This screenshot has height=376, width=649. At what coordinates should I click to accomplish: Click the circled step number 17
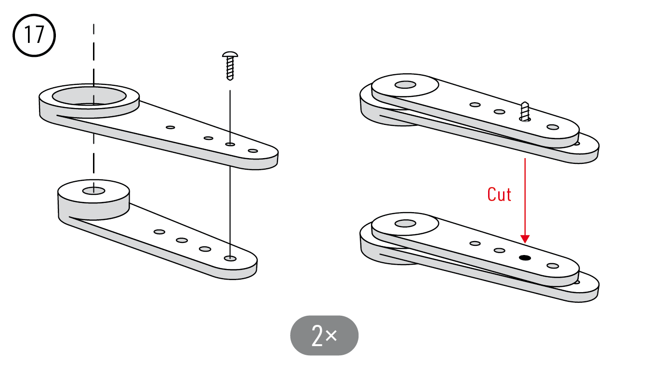(34, 35)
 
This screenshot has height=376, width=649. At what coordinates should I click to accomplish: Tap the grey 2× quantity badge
(324, 336)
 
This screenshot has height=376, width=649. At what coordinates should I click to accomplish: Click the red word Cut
(499, 194)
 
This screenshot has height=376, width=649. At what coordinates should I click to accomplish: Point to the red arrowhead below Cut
(525, 239)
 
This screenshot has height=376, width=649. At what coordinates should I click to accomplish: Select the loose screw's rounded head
(230, 54)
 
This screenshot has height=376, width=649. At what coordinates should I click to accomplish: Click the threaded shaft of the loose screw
(230, 68)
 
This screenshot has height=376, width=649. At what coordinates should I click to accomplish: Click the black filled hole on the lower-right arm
(525, 258)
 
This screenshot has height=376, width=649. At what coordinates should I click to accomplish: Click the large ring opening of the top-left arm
(89, 96)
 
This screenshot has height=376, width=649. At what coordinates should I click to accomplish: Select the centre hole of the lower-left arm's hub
(93, 191)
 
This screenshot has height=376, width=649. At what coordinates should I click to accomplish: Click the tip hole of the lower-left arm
(230, 258)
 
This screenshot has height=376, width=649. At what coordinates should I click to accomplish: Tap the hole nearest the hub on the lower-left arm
(159, 232)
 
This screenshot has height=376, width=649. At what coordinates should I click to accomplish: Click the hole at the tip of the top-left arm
(253, 151)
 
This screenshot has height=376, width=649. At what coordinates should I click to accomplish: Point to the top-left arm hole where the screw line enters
(230, 144)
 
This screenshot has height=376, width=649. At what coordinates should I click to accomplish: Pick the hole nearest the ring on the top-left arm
(171, 127)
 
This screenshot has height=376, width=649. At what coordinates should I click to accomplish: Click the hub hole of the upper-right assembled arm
(405, 85)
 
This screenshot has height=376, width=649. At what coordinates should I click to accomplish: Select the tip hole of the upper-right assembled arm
(553, 127)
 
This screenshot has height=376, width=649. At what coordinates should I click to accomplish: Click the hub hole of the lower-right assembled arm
(405, 224)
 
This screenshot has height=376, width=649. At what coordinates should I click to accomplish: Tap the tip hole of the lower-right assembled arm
(553, 266)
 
